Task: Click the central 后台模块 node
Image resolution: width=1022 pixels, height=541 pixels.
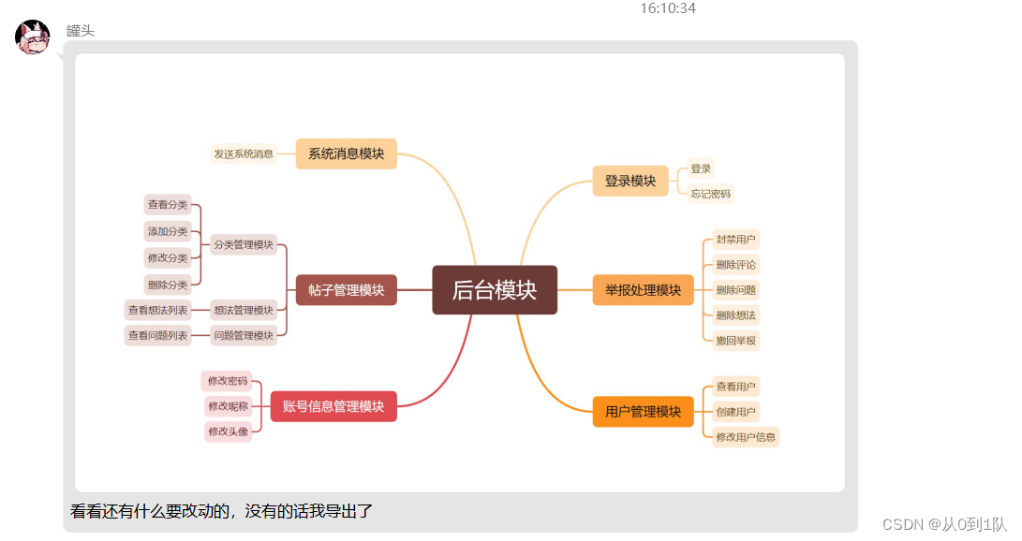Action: pyautogui.click(x=495, y=290)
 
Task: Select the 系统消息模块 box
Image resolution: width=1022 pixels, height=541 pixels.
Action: pyautogui.click(x=346, y=154)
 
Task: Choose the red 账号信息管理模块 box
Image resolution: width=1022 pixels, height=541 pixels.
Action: pyautogui.click(x=333, y=406)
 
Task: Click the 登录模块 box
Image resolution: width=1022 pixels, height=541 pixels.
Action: pyautogui.click(x=630, y=181)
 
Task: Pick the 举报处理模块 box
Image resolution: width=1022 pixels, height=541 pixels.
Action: pyautogui.click(x=643, y=290)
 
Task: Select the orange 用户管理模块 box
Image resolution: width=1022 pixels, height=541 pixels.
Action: pyautogui.click(x=643, y=412)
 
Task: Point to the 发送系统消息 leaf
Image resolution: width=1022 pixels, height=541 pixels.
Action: pyautogui.click(x=244, y=154)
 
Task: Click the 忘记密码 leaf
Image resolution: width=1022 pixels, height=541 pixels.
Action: pyautogui.click(x=710, y=194)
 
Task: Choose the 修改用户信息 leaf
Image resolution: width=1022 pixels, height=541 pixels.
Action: pyautogui.click(x=746, y=437)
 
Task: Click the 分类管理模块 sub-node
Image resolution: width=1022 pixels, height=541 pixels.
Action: pyautogui.click(x=244, y=244)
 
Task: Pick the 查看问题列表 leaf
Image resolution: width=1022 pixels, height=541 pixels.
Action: pyautogui.click(x=157, y=335)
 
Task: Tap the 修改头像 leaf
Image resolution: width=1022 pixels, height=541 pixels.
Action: pyautogui.click(x=228, y=431)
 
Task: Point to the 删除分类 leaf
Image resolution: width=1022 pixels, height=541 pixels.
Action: pyautogui.click(x=168, y=285)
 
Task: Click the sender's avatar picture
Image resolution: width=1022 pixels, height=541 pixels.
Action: pyautogui.click(x=33, y=37)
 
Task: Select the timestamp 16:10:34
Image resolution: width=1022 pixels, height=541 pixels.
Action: pyautogui.click(x=668, y=8)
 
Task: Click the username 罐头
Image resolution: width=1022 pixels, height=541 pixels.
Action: pyautogui.click(x=81, y=31)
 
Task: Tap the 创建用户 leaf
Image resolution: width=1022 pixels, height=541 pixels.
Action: pyautogui.click(x=735, y=412)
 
